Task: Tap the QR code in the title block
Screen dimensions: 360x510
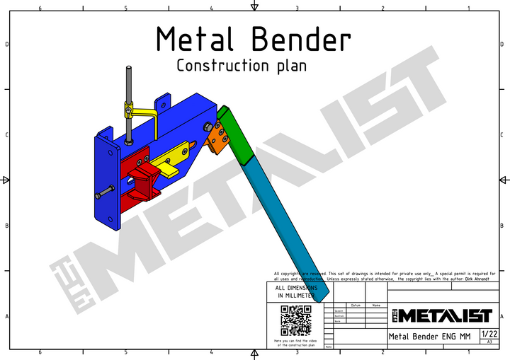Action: (x=295, y=321)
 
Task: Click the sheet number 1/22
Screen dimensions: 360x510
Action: (x=489, y=333)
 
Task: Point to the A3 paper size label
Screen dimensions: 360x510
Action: (x=489, y=342)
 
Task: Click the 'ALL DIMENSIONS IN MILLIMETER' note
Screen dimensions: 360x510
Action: (x=295, y=292)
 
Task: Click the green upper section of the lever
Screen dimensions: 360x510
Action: (x=234, y=134)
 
